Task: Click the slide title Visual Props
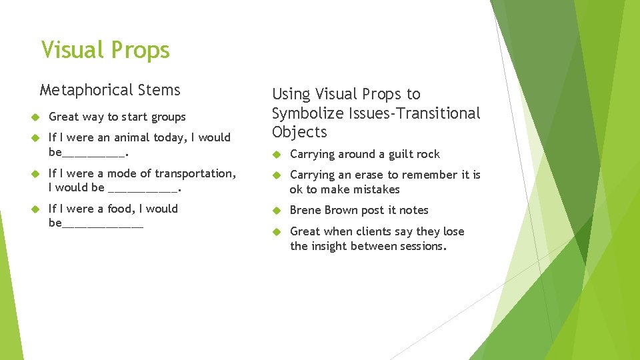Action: tap(105, 50)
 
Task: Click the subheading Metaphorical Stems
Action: tap(110, 90)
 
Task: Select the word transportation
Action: tap(198, 173)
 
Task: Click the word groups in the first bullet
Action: tap(169, 117)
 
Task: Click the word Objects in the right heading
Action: tap(299, 132)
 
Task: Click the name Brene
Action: tap(305, 210)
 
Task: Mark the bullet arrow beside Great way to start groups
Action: tap(36, 117)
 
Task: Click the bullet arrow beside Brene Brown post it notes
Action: tap(277, 211)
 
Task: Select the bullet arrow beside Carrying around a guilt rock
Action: tap(277, 155)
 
